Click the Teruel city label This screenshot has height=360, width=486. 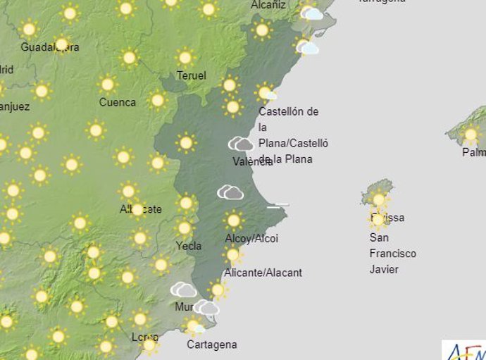tap(192, 76)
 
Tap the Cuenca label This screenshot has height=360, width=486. tap(118, 103)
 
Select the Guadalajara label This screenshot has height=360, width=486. tap(49, 48)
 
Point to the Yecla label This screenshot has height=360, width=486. tap(189, 246)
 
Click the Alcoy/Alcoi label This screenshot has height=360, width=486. tap(251, 239)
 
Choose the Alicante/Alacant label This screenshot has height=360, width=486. tap(263, 273)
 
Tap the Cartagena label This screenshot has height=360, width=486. tap(211, 345)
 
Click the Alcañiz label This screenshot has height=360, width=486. tap(268, 5)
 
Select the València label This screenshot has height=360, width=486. tap(252, 162)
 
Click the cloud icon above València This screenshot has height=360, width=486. tap(241, 144)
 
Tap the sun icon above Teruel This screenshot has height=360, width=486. tap(185, 57)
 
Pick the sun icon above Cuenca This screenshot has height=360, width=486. tap(108, 85)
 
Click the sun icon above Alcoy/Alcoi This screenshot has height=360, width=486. tap(234, 221)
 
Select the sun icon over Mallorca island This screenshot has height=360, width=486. tap(470, 135)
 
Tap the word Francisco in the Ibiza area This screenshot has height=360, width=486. tap(392, 254)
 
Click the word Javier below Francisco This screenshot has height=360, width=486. tap(384, 269)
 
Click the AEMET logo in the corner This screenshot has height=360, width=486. tap(465, 350)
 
